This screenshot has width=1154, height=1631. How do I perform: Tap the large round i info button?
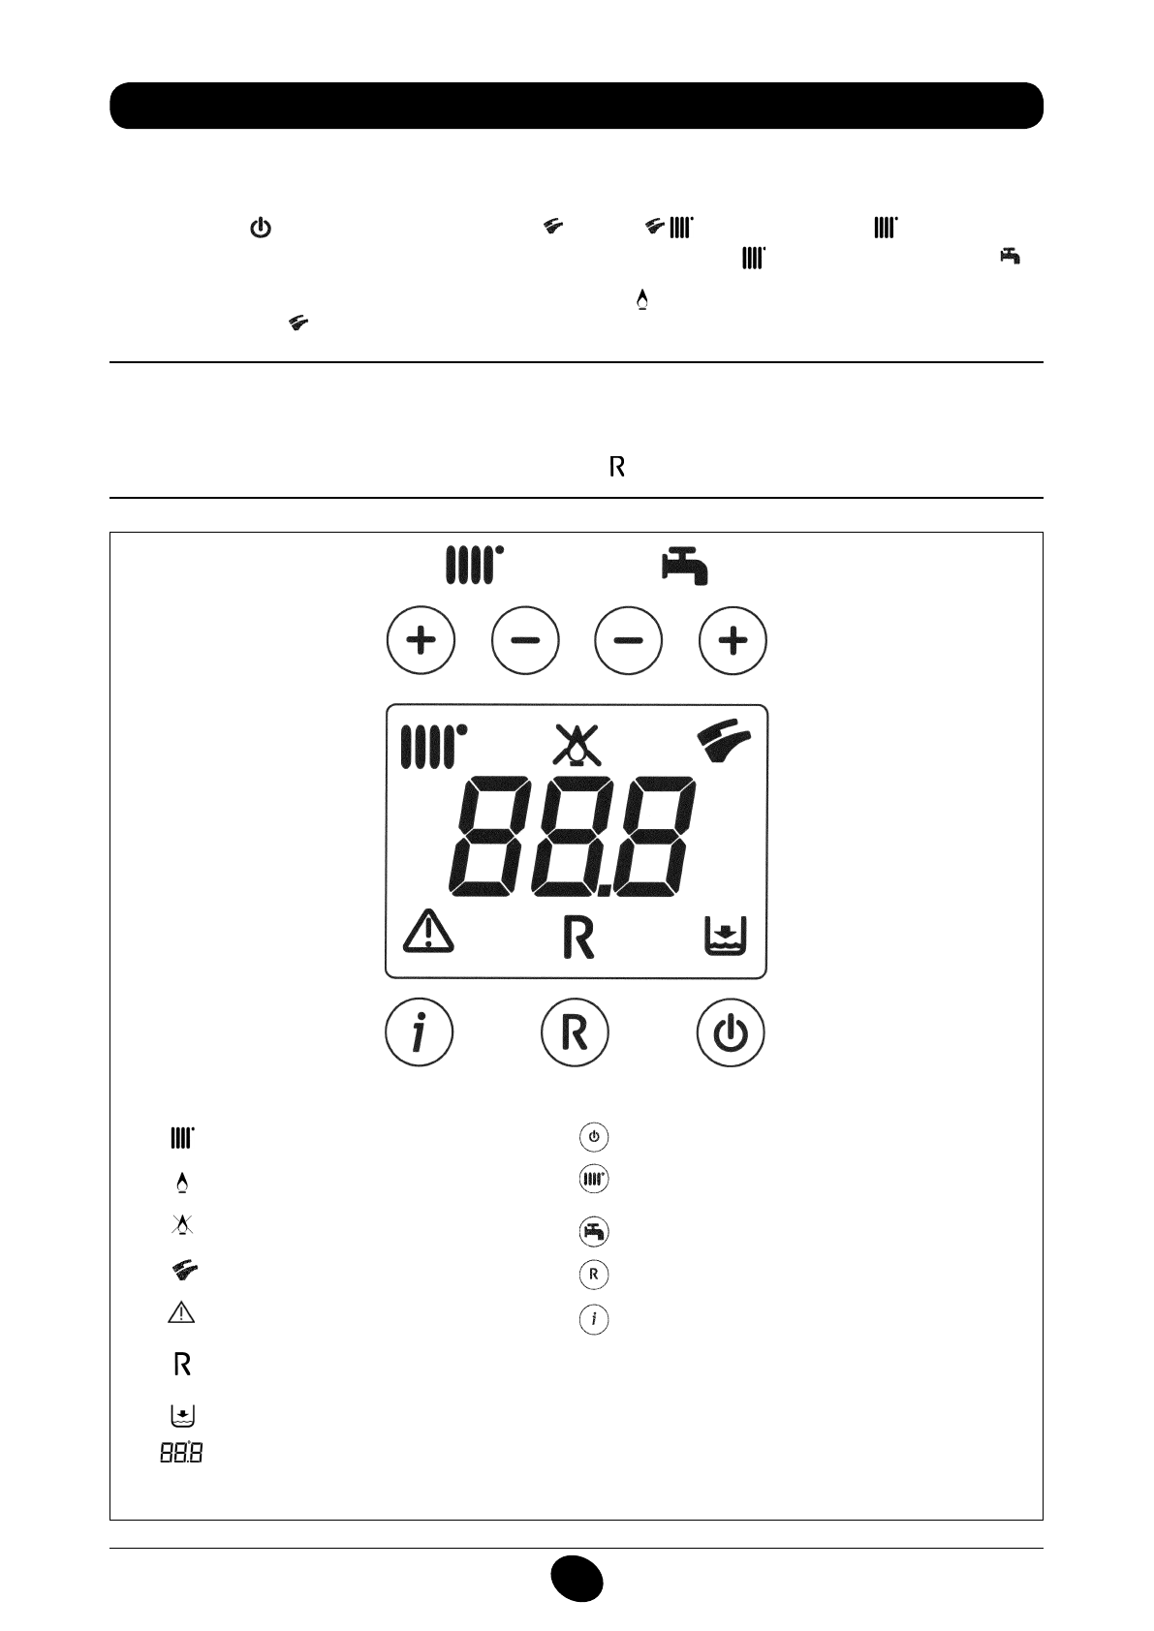click(420, 1033)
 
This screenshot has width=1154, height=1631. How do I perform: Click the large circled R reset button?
click(575, 1032)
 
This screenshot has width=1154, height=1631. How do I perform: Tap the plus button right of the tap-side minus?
click(733, 640)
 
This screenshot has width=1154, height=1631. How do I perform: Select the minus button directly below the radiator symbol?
click(525, 640)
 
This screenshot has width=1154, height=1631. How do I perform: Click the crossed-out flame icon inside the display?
click(576, 747)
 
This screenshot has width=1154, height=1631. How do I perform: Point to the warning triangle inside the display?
click(427, 934)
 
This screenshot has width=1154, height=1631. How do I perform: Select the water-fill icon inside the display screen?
click(725, 936)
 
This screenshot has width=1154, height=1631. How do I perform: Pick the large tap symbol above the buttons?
click(685, 566)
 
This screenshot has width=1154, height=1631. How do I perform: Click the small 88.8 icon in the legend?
click(181, 1453)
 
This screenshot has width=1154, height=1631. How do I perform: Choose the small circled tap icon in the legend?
click(594, 1232)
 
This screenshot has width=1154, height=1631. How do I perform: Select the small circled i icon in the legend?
click(594, 1318)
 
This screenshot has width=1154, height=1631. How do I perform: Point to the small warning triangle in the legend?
click(182, 1313)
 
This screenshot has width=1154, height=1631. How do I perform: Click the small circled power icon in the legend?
click(594, 1136)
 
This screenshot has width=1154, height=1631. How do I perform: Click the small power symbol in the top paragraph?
click(262, 230)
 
